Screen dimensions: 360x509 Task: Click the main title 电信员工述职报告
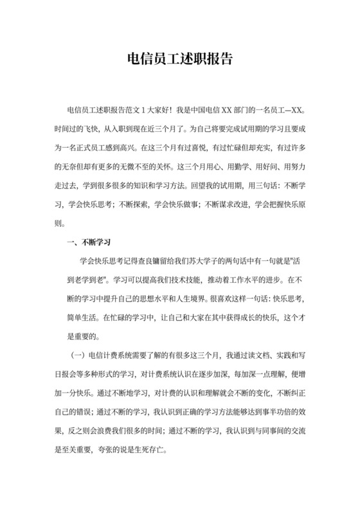coord(179,60)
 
